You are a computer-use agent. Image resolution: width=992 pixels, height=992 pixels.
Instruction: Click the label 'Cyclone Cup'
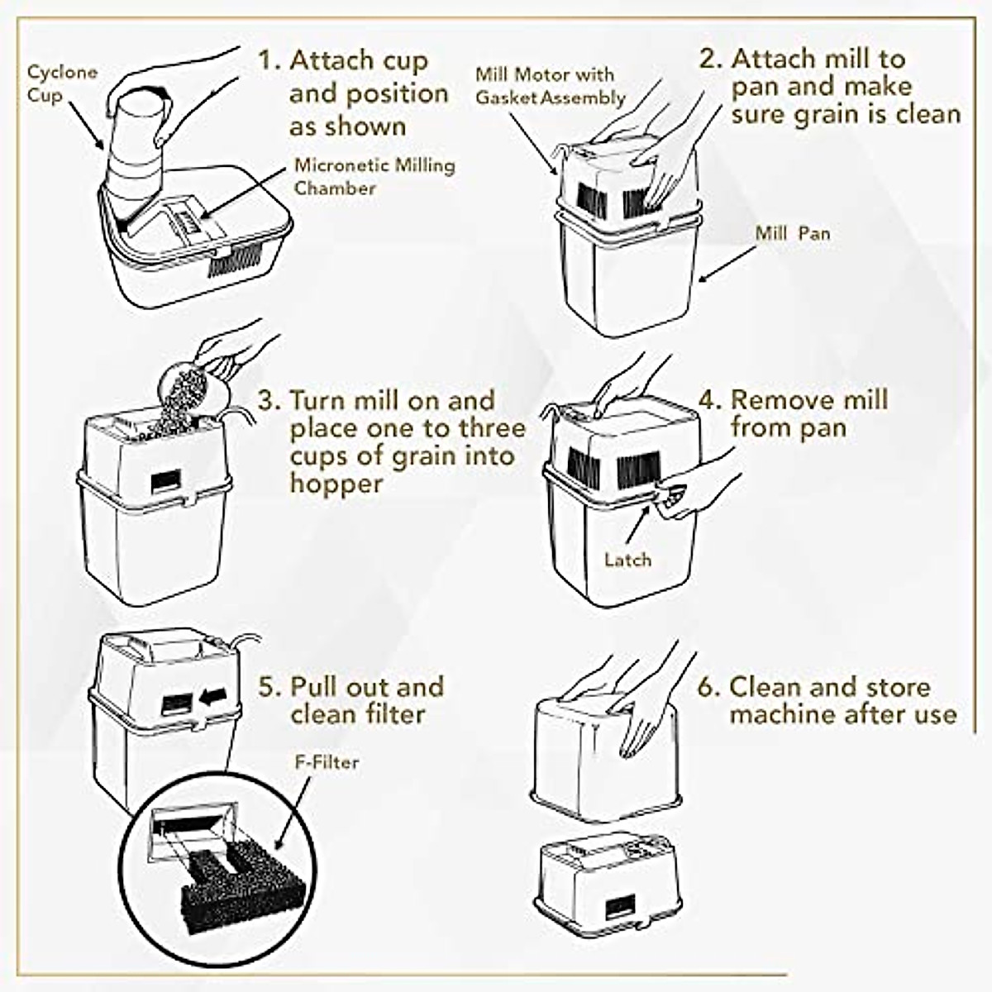pyautogui.click(x=62, y=83)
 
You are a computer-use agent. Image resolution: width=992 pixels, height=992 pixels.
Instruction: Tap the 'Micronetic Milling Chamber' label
pyautogui.click(x=374, y=176)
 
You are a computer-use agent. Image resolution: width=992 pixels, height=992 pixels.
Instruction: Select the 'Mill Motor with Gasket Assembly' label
pyautogui.click(x=550, y=86)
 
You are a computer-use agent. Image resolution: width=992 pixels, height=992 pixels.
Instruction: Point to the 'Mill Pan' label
pyautogui.click(x=792, y=233)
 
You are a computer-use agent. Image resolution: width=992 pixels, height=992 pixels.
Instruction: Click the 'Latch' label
pyautogui.click(x=627, y=560)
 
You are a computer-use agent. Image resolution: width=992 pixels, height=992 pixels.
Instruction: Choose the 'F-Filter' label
pyautogui.click(x=327, y=761)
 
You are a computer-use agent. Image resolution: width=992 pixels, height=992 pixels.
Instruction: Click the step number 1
pyautogui.click(x=268, y=61)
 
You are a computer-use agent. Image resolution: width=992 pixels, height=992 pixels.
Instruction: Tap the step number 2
pyautogui.click(x=710, y=60)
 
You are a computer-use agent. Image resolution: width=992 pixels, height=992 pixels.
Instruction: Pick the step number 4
pyautogui.click(x=709, y=400)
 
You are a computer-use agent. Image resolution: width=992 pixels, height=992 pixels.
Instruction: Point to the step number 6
pyautogui.click(x=708, y=687)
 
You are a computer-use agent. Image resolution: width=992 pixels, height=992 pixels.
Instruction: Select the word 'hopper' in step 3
pyautogui.click(x=336, y=484)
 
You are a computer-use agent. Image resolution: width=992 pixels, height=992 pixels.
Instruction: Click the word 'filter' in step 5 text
pyautogui.click(x=391, y=714)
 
